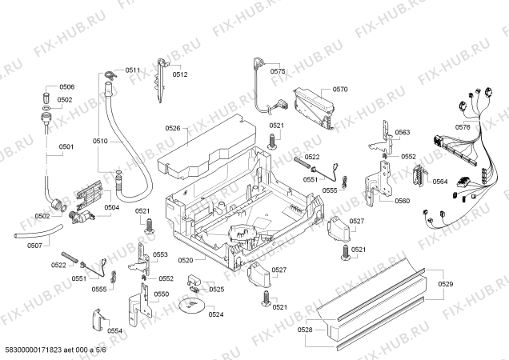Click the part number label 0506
67,86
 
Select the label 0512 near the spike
180,74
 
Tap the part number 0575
278,71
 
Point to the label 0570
340,90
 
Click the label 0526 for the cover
173,128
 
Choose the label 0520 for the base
186,260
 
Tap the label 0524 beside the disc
216,314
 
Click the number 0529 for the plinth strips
445,284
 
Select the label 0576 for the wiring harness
463,127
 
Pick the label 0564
440,182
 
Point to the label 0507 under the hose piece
34,246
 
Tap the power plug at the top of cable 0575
259,62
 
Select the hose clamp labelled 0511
110,74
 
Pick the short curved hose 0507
38,231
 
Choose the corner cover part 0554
98,319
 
